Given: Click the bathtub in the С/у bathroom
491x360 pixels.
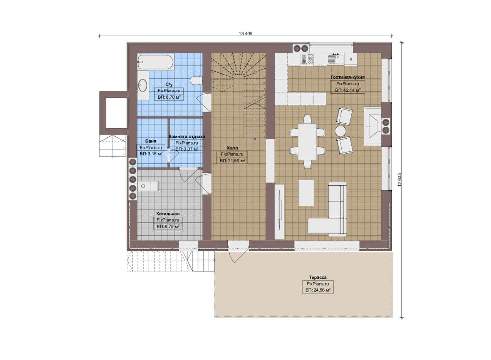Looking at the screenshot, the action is click(x=156, y=62).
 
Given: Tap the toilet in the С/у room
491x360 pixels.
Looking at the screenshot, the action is click(x=196, y=81).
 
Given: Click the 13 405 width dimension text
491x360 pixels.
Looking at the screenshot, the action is click(x=245, y=34).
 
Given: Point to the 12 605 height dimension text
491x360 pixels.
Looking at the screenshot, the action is click(x=399, y=180).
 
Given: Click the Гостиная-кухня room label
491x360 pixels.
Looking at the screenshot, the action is click(x=348, y=77).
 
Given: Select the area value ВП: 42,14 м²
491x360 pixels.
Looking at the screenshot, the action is click(x=348, y=90).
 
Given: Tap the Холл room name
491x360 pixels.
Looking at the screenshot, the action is click(x=232, y=148).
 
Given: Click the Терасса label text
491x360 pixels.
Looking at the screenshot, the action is click(x=318, y=278).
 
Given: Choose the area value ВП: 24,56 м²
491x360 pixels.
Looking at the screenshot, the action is click(x=318, y=290).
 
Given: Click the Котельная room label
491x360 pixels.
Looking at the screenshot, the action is click(x=168, y=214).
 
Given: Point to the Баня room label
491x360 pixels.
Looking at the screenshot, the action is click(x=151, y=141).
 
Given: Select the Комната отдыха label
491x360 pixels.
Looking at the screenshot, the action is click(x=187, y=136).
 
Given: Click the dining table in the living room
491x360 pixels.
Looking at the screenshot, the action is click(x=307, y=142).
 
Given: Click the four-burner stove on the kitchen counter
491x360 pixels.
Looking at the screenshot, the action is click(x=307, y=59).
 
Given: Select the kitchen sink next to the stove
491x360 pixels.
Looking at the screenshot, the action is click(x=335, y=59).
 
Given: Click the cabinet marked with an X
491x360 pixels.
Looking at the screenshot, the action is click(x=351, y=59).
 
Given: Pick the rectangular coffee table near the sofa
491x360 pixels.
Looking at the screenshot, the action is click(x=306, y=193).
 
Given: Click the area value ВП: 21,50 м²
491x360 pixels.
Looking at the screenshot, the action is click(x=233, y=161).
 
